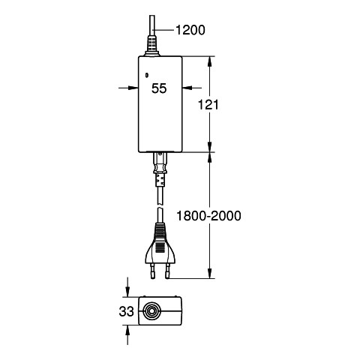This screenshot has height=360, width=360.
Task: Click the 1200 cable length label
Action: (190, 30)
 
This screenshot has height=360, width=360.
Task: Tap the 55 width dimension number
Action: (159, 88)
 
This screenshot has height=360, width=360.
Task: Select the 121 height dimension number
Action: (208, 104)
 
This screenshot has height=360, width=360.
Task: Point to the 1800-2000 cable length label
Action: (208, 215)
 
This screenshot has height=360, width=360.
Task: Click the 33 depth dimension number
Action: (127, 311)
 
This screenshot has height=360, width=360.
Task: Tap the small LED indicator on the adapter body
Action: (147, 75)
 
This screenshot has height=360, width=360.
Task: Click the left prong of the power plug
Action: (152, 271)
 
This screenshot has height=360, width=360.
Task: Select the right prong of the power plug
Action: (167, 271)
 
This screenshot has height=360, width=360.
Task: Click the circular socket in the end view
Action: (151, 311)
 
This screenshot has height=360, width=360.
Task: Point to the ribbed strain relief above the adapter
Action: (152, 44)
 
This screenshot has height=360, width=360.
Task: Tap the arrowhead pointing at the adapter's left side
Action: (133, 88)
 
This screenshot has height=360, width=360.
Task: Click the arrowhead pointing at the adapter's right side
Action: (187, 88)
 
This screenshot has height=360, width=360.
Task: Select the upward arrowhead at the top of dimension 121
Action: (210, 61)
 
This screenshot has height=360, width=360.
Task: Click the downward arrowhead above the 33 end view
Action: (127, 292)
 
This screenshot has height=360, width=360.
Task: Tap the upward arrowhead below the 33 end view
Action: (127, 330)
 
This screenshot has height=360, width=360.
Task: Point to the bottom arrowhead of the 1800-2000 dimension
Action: (210, 273)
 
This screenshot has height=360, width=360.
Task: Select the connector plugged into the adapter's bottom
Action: (160, 169)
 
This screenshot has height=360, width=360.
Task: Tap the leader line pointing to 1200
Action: (164, 30)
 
